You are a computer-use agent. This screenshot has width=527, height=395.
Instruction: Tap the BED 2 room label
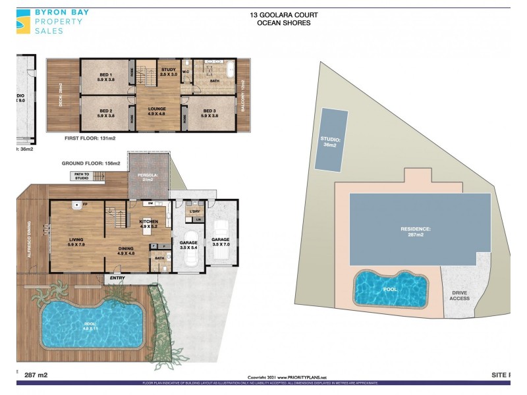[x=107, y=113]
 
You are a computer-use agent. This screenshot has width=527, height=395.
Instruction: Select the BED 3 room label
[x=209, y=113]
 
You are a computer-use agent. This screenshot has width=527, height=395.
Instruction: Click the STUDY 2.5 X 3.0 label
[x=168, y=72]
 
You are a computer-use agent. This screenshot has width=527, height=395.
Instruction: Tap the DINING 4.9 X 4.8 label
[x=126, y=250]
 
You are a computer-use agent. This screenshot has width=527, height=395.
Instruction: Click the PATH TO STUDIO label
[x=82, y=176]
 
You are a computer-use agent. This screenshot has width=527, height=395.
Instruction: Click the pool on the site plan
[x=391, y=288]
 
